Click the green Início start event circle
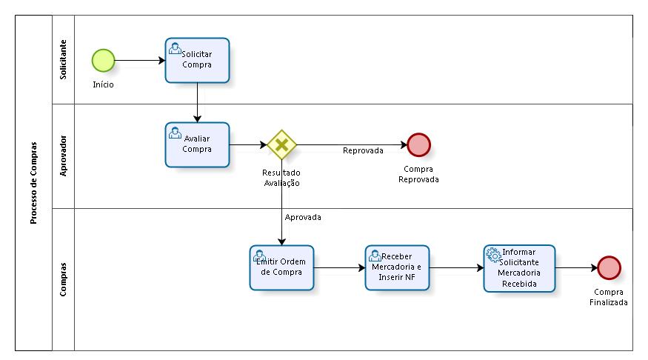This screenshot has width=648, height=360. [103, 61]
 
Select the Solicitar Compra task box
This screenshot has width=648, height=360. [197, 60]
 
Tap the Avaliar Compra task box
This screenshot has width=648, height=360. [197, 144]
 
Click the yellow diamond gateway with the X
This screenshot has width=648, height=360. [281, 144]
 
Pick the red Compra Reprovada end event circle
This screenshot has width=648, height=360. [418, 144]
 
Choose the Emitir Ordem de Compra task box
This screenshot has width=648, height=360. [281, 268]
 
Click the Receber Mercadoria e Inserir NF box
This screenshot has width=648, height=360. [397, 268]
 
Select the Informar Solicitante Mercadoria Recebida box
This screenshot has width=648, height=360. [519, 268]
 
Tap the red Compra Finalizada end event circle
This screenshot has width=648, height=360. [609, 268]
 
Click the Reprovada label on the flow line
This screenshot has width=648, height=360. [363, 150]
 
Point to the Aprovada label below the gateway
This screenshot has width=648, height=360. [303, 217]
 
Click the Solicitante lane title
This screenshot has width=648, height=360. [63, 59]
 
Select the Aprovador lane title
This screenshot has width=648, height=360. [63, 156]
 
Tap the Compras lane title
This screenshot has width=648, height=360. [63, 279]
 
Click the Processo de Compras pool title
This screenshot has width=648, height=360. [33, 183]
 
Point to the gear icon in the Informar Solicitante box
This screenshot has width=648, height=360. [493, 255]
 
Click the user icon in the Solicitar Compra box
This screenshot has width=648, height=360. [175, 49]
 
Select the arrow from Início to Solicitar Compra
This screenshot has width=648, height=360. [140, 60]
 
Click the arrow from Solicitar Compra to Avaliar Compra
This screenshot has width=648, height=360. [197, 102]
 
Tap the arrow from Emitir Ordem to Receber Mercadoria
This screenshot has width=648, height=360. [339, 268]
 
